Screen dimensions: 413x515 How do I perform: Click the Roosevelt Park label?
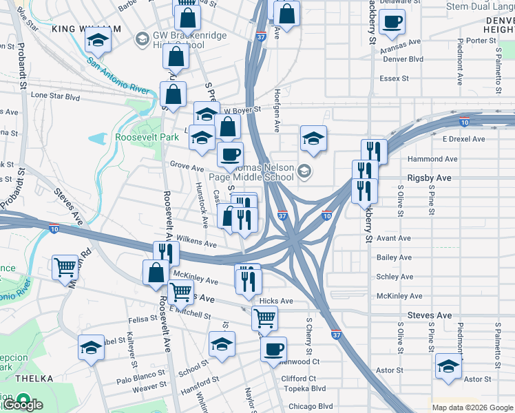pyautogui.click(x=147, y=137)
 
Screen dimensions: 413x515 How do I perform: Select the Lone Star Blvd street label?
pyautogui.click(x=55, y=98)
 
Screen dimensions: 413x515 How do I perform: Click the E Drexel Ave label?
pyautogui.click(x=463, y=139)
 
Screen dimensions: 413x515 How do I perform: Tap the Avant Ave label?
pyautogui.click(x=394, y=238)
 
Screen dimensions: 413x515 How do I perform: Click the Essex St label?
pyautogui.click(x=394, y=78)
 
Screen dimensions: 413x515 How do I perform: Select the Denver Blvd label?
pyautogui.click(x=403, y=59)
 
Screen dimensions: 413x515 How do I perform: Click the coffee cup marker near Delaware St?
pyautogui.click(x=392, y=21)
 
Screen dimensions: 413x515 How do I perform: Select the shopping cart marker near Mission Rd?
pyautogui.click(x=65, y=266)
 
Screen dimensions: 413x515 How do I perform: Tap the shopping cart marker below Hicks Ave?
pyautogui.click(x=265, y=319)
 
